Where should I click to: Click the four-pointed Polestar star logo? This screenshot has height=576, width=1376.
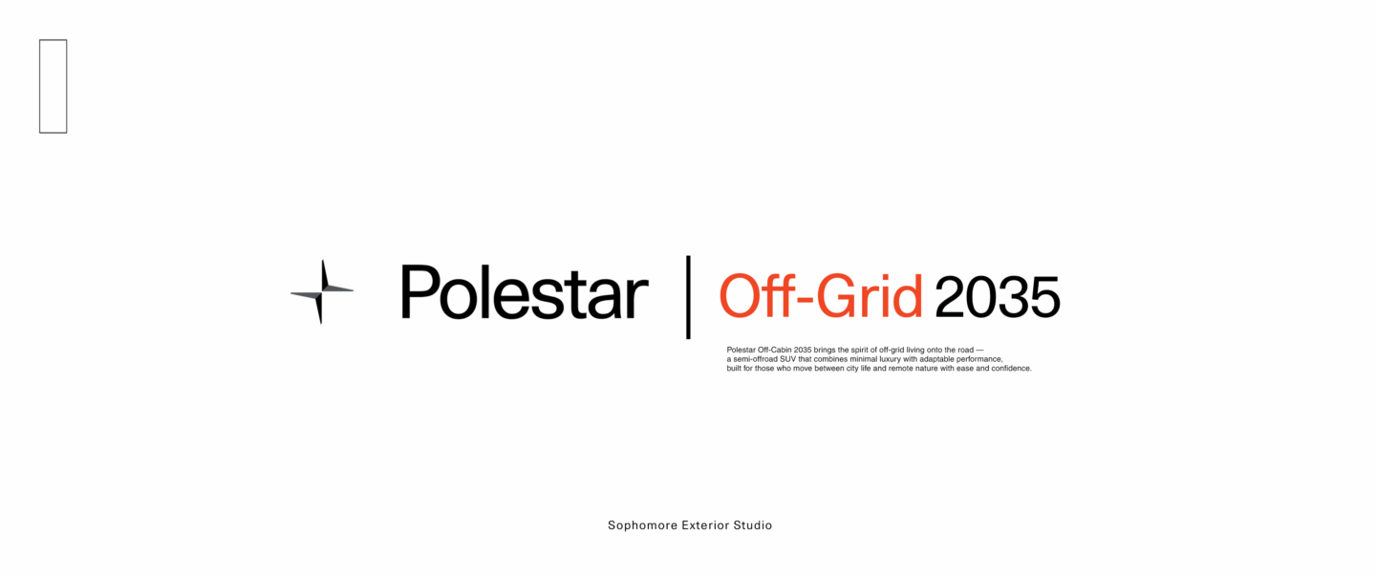click(x=322, y=291)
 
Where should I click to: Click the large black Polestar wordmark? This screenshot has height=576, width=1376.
click(x=524, y=292)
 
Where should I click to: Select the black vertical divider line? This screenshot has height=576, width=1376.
click(x=688, y=297)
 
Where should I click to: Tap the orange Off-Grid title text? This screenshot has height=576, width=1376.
click(x=821, y=296)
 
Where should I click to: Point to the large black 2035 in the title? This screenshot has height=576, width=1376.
click(x=998, y=296)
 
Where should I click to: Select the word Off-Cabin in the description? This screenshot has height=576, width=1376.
click(x=775, y=350)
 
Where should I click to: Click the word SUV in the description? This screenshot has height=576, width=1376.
click(x=788, y=359)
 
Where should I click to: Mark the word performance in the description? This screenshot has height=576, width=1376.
click(x=978, y=359)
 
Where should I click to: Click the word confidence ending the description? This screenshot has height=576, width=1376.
click(x=1011, y=369)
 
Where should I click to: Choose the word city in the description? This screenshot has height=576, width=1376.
click(x=852, y=369)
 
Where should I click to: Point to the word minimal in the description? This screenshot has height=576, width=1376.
click(x=864, y=359)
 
